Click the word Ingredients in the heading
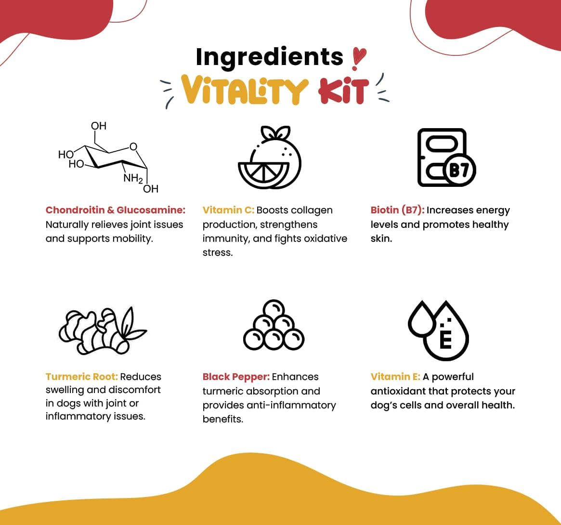(x=269, y=57)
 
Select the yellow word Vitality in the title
(x=244, y=90)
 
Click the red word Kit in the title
(x=343, y=91)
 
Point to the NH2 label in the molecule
(x=133, y=178)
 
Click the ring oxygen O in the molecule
(x=133, y=146)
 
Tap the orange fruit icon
(x=270, y=157)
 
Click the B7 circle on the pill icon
(x=459, y=171)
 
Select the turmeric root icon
(x=103, y=331)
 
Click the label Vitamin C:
(x=228, y=210)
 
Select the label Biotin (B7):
(x=397, y=210)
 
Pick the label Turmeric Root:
(x=81, y=377)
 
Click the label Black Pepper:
(x=236, y=377)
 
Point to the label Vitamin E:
(x=395, y=377)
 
